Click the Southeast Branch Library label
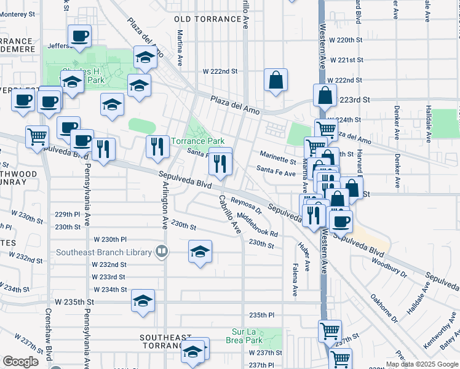tap(104, 252)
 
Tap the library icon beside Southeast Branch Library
tap(161, 251)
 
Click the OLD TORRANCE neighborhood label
tap(208, 20)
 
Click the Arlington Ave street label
tap(165, 204)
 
